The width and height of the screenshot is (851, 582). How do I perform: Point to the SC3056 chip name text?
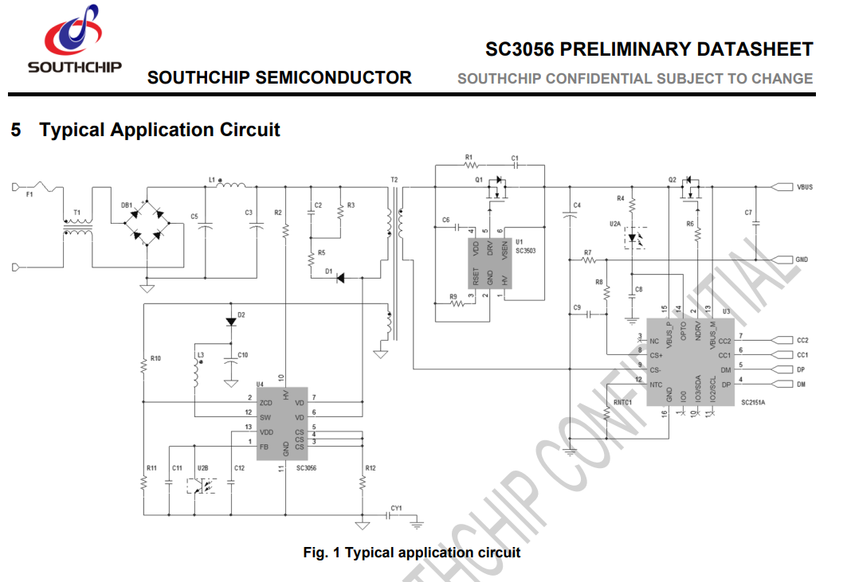(306, 468)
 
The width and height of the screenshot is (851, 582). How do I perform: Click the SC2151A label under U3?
(752, 403)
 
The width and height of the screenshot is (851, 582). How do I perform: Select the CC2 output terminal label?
(802, 340)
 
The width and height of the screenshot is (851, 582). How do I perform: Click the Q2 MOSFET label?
(672, 180)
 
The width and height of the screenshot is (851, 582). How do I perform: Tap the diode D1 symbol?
(340, 278)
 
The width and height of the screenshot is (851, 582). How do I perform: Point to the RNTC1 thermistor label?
(623, 403)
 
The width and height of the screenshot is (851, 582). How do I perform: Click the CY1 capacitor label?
(396, 507)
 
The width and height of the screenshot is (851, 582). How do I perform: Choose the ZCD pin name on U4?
(265, 403)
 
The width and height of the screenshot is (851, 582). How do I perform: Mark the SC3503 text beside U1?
(525, 251)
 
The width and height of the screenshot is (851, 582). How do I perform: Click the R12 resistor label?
(371, 468)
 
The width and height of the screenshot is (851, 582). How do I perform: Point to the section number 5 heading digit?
(16, 130)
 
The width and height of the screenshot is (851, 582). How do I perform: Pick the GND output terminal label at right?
(802, 260)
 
